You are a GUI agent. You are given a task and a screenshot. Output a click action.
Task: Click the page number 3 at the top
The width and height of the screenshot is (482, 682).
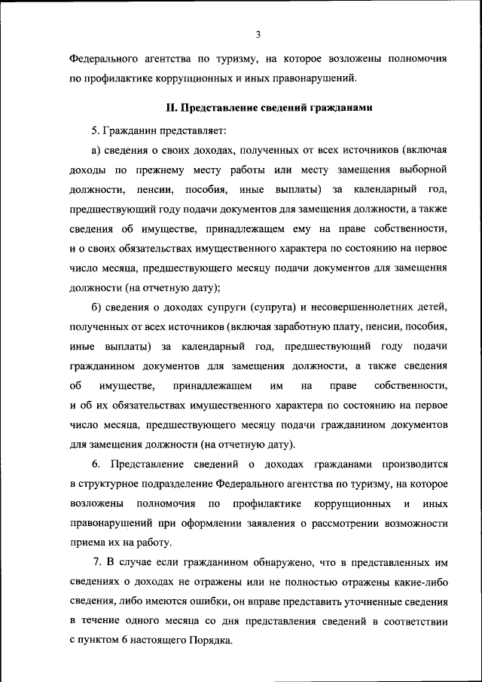pyautogui.click(x=258, y=34)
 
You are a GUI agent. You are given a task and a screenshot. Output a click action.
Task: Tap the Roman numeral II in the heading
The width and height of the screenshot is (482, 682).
pyautogui.click(x=171, y=109)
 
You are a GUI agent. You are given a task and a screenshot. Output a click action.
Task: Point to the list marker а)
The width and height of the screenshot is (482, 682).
pyautogui.click(x=95, y=148)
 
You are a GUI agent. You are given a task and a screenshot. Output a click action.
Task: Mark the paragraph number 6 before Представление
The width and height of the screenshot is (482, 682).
pyautogui.click(x=96, y=463)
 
